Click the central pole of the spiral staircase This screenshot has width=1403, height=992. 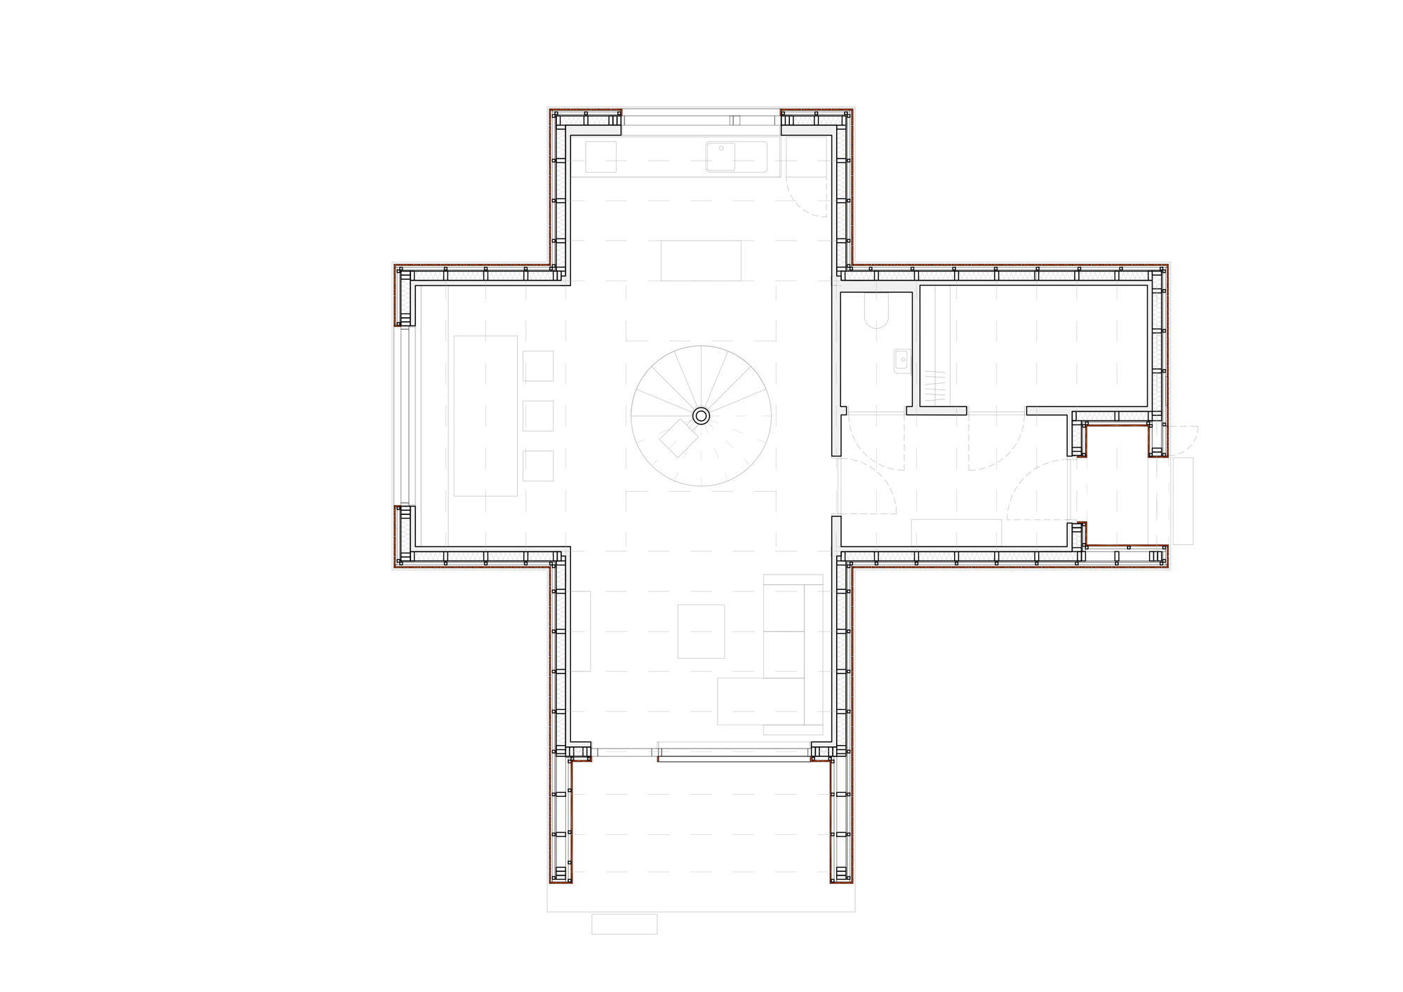click(x=701, y=416)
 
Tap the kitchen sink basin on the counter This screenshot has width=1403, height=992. click(x=720, y=156)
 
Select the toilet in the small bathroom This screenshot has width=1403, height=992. click(x=877, y=311)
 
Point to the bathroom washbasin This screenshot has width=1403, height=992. click(x=901, y=361)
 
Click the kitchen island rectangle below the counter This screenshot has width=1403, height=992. click(x=701, y=260)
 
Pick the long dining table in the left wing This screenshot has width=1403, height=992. click(x=485, y=416)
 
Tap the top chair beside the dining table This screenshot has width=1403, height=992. click(x=538, y=366)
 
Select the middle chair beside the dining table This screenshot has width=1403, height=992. click(x=538, y=416)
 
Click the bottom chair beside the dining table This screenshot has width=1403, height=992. click(x=538, y=466)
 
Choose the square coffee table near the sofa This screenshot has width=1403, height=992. click(x=701, y=631)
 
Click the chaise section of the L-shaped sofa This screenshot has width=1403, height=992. click(x=760, y=701)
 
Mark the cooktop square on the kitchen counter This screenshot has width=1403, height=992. click(x=601, y=156)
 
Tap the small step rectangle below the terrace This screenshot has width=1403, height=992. click(x=624, y=924)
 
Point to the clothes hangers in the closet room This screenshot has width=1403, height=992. click(x=934, y=386)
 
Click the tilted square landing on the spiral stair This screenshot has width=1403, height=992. click(x=678, y=438)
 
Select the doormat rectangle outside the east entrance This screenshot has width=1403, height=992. click(x=1183, y=500)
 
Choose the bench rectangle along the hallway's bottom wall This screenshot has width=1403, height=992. click(x=956, y=532)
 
